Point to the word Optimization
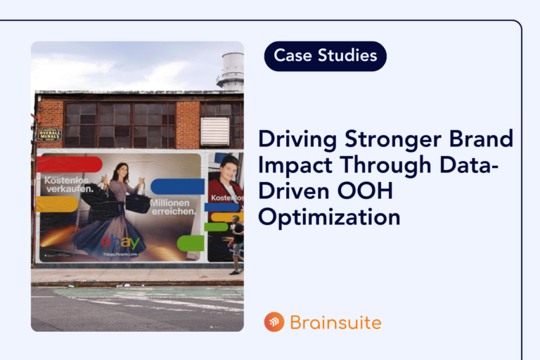329,216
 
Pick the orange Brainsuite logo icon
274,322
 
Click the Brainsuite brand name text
335,323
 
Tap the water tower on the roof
231,71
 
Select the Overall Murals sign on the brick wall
50,134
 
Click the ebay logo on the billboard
120,243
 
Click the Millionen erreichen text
171,207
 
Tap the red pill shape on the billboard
70,165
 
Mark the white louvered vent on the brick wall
215,131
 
